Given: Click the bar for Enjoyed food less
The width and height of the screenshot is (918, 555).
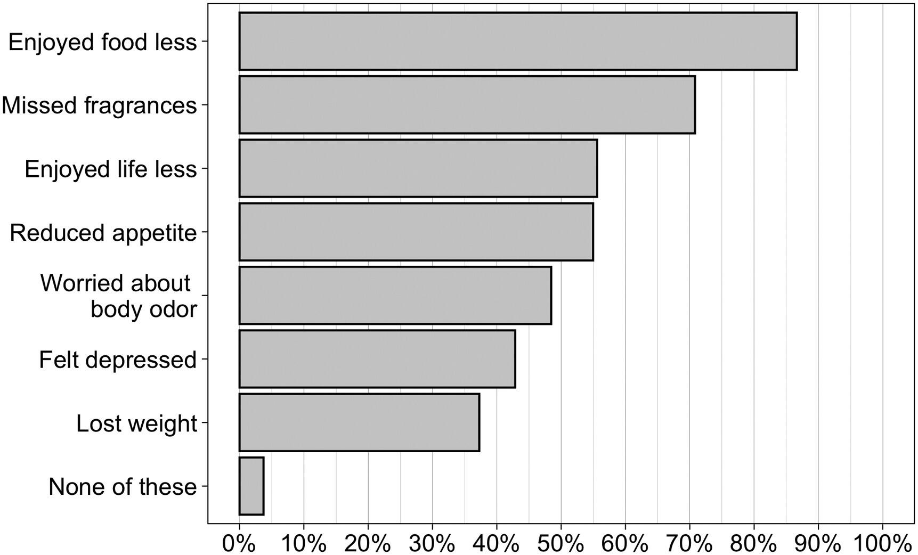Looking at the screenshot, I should point(518,41).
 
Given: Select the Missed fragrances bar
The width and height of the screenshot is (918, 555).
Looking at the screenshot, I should point(467,104).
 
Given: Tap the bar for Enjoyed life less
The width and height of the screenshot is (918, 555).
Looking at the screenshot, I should point(418,168).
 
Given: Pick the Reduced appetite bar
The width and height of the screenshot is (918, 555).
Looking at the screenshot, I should point(416,232).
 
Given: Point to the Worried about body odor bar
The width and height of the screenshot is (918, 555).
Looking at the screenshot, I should point(395,295).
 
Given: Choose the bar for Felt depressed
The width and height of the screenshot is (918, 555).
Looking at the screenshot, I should point(377,359).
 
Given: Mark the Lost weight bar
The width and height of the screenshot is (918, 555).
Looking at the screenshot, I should point(359,422).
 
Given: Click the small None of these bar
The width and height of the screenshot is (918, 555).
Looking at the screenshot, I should point(251,486).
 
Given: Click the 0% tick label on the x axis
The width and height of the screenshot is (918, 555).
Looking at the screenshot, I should point(240,543).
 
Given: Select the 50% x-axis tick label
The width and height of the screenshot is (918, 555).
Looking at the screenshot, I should point(561,543).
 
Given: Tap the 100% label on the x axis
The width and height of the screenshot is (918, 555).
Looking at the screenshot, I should point(882,543).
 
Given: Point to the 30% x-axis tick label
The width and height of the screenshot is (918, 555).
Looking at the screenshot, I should point(432,543).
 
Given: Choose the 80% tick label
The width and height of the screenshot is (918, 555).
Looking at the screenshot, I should point(754,543).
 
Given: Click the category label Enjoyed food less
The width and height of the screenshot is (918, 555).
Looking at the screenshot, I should point(103,42).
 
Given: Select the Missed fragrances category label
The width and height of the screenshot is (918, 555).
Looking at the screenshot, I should point(99,105).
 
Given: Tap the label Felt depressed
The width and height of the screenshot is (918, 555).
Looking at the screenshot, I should point(118,360).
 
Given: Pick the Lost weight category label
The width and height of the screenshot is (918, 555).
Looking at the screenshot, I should point(136,424).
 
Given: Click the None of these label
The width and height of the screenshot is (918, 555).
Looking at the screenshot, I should point(123,487).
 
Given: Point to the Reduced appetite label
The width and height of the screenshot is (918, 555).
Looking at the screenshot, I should point(103,233).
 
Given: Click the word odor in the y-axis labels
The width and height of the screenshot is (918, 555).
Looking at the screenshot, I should point(175,309).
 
